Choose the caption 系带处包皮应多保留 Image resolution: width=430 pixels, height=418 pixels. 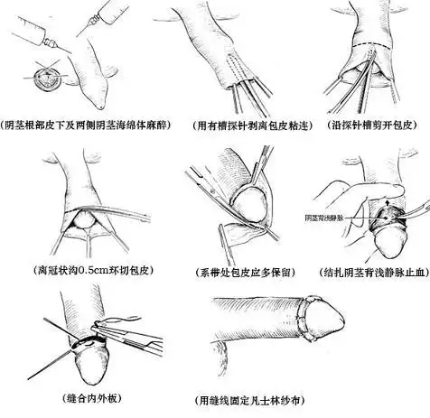pos(238,271)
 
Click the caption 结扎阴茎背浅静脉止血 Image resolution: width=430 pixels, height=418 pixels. pos(369,270)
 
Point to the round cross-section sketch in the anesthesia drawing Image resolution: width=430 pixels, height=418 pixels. pos(42,78)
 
